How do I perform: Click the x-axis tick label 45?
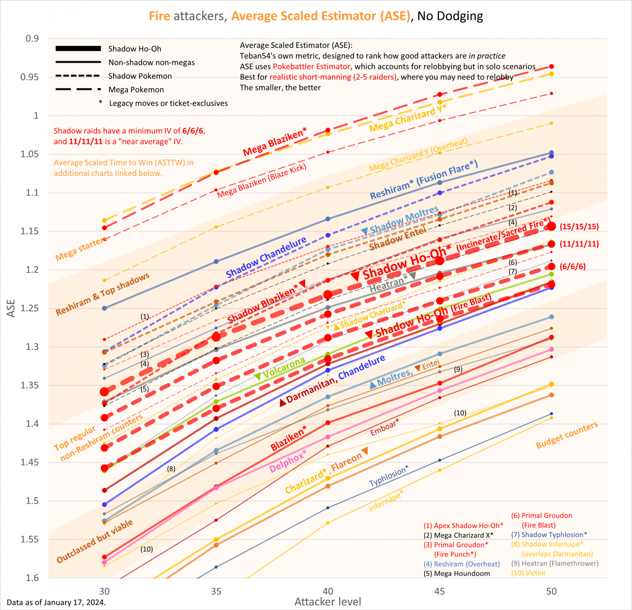[x=439, y=591]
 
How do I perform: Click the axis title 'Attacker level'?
[x=328, y=602]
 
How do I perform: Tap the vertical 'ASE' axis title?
[x=11, y=308]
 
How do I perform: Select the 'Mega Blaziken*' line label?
[x=275, y=141]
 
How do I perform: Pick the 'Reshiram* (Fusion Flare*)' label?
[x=424, y=179]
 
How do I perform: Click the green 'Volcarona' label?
[x=284, y=368]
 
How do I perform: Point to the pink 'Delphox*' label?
[x=288, y=461]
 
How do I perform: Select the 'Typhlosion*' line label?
[x=389, y=476]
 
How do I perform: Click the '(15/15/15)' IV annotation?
[x=579, y=227]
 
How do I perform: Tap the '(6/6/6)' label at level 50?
[x=573, y=267]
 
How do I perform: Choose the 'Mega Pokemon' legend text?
[x=136, y=90]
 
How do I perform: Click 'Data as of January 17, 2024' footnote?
[x=56, y=603]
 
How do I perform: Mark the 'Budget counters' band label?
[x=567, y=435]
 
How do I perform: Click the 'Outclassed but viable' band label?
[x=95, y=541]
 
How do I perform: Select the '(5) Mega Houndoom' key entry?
[x=457, y=573]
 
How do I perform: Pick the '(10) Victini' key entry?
[x=528, y=573]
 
